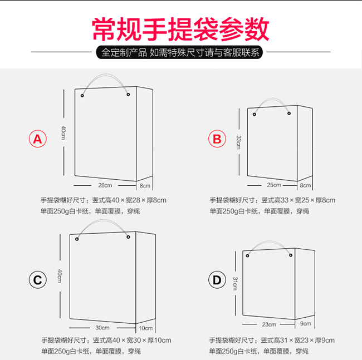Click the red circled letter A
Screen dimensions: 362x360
(x=38, y=139)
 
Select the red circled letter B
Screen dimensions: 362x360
(x=217, y=139)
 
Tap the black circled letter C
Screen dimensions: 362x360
(x=38, y=280)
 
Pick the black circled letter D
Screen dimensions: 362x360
(x=217, y=280)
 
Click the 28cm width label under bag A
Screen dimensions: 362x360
(x=105, y=185)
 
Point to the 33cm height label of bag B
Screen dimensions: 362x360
(x=238, y=142)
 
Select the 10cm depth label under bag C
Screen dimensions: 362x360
(x=146, y=328)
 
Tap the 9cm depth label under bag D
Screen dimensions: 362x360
(x=305, y=324)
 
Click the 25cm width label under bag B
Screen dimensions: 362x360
(x=274, y=185)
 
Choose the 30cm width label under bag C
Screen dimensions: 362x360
(x=102, y=328)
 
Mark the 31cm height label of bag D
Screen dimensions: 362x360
(x=235, y=283)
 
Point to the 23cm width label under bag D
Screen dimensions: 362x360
(x=269, y=324)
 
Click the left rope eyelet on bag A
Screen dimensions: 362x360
(x=82, y=96)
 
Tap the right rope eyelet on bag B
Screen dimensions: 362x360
(x=289, y=114)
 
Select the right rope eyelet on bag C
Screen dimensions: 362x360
(x=128, y=237)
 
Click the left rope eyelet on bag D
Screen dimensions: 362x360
(x=247, y=255)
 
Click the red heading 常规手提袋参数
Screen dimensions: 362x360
(x=180, y=29)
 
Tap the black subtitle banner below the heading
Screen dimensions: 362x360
(x=179, y=52)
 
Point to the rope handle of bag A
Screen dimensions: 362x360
(x=105, y=75)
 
